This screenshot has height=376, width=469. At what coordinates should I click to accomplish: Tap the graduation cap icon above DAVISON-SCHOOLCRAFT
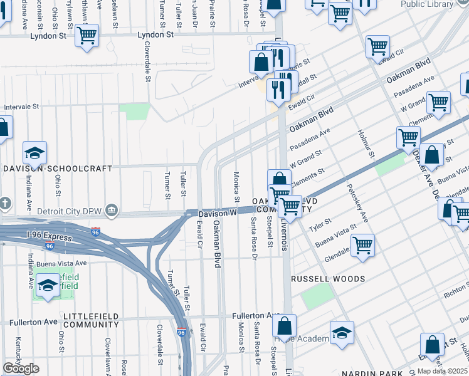(x=34, y=152)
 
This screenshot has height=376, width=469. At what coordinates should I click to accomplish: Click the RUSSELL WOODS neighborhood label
(x=329, y=278)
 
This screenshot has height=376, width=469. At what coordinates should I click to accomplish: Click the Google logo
(x=21, y=368)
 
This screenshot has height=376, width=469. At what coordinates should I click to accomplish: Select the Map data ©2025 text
(x=442, y=371)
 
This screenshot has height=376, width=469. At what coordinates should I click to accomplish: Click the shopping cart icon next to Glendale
(x=363, y=246)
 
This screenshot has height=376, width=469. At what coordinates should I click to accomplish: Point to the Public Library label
(x=427, y=4)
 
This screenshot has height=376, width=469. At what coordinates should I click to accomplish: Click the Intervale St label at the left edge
(x=22, y=107)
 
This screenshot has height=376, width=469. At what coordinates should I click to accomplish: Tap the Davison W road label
(x=216, y=214)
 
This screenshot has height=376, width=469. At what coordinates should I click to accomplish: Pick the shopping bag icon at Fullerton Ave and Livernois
(x=284, y=326)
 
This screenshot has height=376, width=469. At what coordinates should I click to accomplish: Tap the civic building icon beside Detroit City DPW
(x=112, y=208)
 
